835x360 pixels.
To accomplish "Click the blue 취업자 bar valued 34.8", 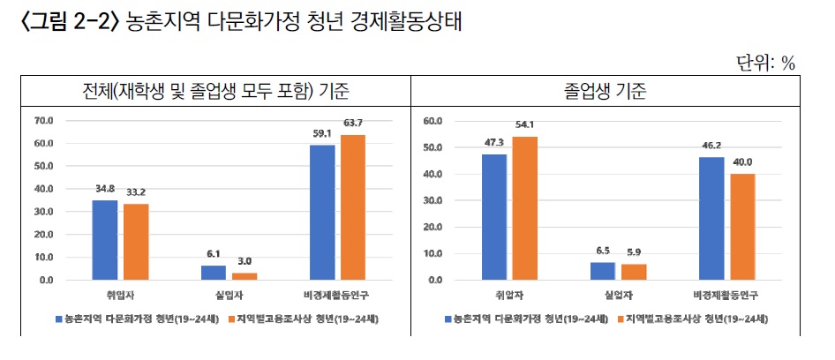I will pos(105,240).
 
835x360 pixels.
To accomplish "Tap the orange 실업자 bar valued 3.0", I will pos(244,276).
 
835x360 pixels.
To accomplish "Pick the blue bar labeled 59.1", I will pos(322,213).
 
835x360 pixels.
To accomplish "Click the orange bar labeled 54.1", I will pos(524,208).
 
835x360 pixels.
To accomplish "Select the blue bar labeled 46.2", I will pos(711,219).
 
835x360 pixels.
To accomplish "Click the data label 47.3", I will pos(493,142).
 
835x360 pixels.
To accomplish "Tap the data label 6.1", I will pos(214,253).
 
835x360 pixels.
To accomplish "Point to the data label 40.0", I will pos(742,161).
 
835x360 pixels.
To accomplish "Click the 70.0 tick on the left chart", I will pos(43,120).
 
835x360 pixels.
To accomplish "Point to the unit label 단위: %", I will pos(766,63).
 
